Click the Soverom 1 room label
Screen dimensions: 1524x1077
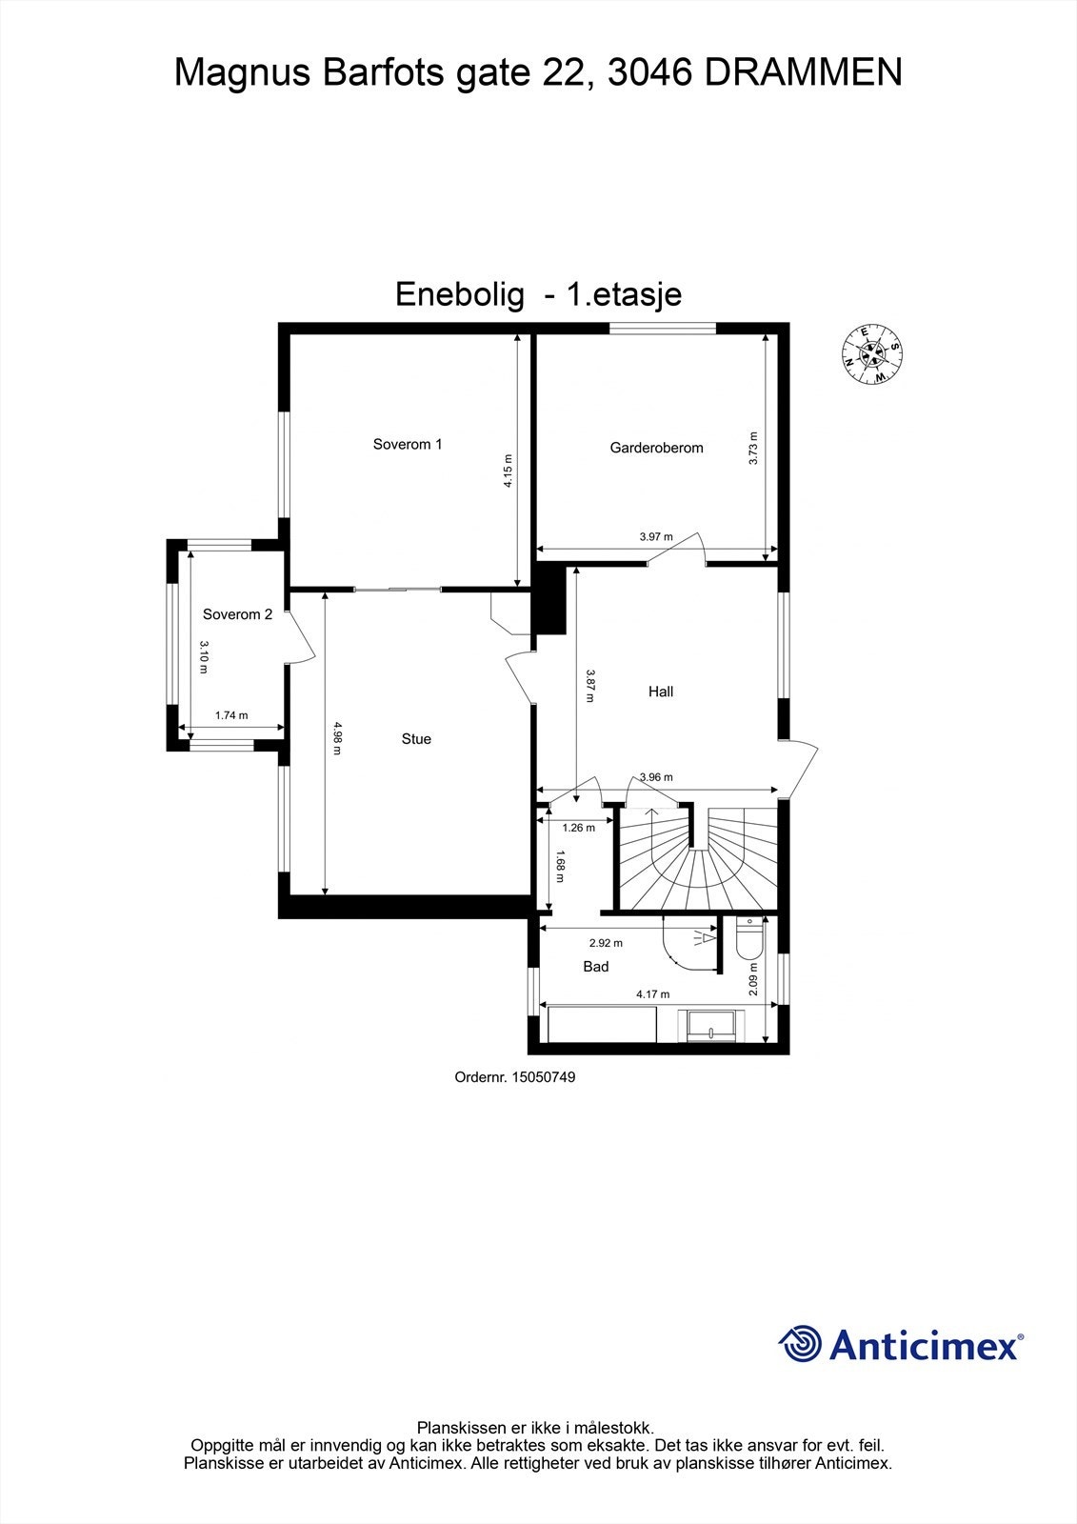(x=408, y=444)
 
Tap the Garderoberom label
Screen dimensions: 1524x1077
(x=656, y=448)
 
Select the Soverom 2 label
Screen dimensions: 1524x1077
(x=237, y=614)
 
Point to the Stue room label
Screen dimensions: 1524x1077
(x=416, y=739)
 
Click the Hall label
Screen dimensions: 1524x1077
(x=661, y=692)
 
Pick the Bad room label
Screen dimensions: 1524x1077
(x=596, y=967)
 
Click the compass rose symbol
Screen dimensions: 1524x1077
(x=872, y=354)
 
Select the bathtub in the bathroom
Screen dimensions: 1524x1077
(x=602, y=1026)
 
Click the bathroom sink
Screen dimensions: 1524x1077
(x=710, y=1025)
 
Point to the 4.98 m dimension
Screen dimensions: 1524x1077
(x=336, y=739)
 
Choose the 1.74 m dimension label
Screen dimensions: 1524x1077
(x=231, y=715)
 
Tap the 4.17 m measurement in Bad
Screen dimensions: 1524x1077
(x=653, y=995)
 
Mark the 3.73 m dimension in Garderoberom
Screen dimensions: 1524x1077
(x=753, y=448)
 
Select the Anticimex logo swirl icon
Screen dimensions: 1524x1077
(x=800, y=1344)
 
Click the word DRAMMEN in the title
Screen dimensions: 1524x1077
(x=803, y=72)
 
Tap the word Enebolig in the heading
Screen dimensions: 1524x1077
(x=460, y=294)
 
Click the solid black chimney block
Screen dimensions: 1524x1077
(x=549, y=599)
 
